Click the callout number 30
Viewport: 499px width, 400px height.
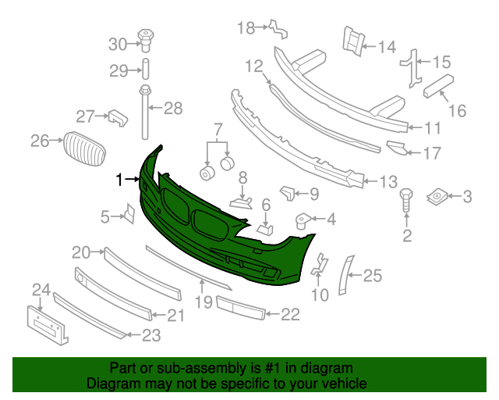[117, 43]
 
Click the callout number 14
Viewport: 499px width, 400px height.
[387, 47]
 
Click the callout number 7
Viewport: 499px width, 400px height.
[218, 128]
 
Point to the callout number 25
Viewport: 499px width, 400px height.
[373, 274]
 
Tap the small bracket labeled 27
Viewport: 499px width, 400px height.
[116, 117]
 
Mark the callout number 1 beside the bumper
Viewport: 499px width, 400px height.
[120, 180]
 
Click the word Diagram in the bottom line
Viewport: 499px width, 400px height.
[110, 384]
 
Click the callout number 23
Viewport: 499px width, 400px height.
[150, 337]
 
